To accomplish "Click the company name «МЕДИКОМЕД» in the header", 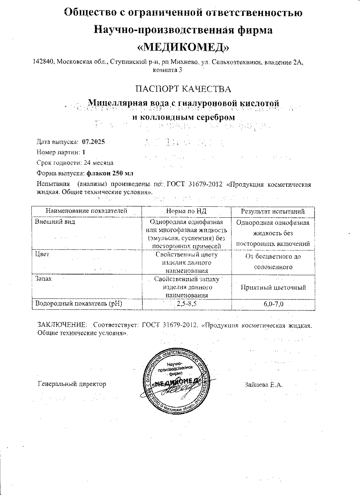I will tap(183, 47).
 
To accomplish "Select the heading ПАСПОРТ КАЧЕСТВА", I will tap(184, 89).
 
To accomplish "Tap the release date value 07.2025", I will tap(94, 142).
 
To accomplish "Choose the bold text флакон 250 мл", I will tap(110, 173).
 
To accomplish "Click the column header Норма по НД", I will tap(186, 211).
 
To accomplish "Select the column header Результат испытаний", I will tap(273, 212).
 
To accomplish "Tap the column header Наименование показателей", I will tap(86, 211).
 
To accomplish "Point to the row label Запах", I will tap(43, 278).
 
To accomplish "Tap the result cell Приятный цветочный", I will tap(273, 288).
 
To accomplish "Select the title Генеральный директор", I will tap(72, 384).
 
